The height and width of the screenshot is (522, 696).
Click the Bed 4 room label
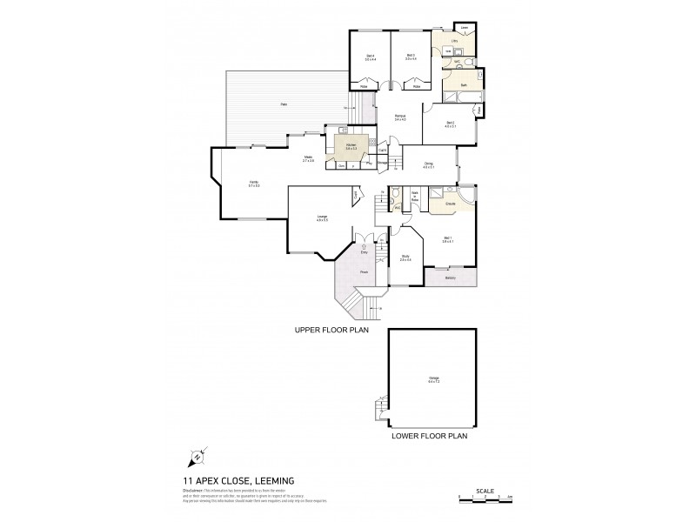(371, 57)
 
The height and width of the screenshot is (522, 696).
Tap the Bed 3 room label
(411, 57)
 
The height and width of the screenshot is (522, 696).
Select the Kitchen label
(351, 146)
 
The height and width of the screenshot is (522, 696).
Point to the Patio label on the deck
(284, 104)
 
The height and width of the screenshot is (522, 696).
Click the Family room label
(253, 184)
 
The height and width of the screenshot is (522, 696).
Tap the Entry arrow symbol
(363, 246)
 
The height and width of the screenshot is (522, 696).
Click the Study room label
(405, 258)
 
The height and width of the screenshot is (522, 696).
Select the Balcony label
(450, 278)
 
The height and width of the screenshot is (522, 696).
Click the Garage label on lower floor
(433, 378)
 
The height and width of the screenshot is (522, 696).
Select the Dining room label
(428, 165)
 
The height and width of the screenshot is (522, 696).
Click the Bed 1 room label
(448, 239)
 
